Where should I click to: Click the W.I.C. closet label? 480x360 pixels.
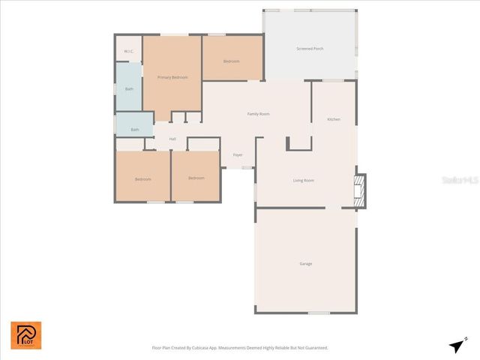128,51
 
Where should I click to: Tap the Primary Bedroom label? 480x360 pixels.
172,77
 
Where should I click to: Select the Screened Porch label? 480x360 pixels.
310,49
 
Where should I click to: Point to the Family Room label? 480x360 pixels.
258,114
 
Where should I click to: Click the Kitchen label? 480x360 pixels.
334,119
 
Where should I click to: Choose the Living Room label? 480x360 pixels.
303,180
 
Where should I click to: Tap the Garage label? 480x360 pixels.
306,263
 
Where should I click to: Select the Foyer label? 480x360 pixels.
238,155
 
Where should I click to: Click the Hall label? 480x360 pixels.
172,139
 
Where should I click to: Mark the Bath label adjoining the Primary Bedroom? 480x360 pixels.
129,89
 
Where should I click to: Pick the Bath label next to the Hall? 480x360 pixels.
135,130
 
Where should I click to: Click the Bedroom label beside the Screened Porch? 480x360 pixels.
232,61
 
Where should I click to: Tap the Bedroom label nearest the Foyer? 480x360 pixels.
196,178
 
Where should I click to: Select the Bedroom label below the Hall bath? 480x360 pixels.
142,179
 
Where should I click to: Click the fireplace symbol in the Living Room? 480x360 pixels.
359,190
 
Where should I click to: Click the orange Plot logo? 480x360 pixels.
26,335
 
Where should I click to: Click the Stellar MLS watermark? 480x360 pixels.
459,181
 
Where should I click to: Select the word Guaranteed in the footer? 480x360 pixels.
313,348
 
